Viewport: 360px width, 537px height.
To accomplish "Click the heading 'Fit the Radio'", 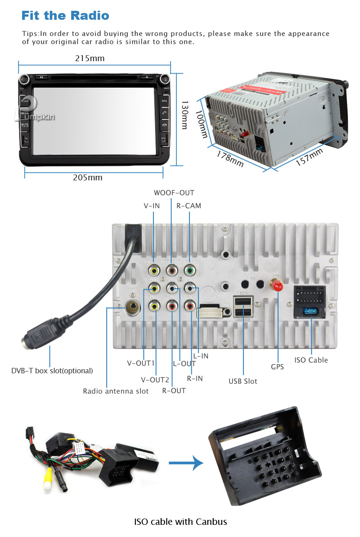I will pos(65,16).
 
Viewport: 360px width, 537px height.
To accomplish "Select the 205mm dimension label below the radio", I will pos(88,178).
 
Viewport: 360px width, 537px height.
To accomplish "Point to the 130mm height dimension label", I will pos(184,115).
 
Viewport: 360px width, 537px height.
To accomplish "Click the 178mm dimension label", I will pos(230,158).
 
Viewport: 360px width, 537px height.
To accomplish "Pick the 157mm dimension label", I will pos(309,157).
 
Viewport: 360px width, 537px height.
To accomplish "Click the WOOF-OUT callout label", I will pos(174,193).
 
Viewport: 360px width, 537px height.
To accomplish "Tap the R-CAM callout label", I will pos(189,206).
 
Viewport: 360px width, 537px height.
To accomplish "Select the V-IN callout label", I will pos(152,206).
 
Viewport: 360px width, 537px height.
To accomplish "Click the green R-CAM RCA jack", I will pos(190,270).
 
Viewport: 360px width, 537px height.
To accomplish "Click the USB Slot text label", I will pos(243,381).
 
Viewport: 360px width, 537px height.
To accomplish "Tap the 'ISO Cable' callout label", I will pos(311,360).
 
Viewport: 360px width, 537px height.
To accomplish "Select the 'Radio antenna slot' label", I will pos(116,391).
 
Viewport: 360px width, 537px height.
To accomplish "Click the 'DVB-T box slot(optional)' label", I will pos(52,371).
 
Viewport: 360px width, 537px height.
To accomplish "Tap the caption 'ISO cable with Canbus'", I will pos(180,522).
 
